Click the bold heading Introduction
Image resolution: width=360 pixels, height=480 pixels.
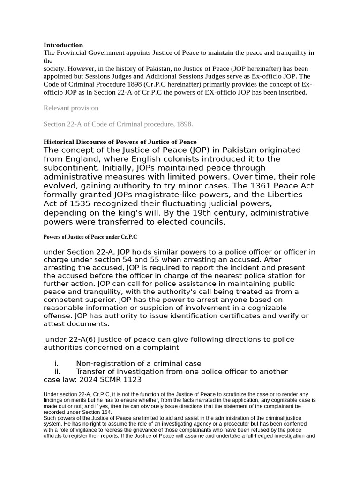[63, 45]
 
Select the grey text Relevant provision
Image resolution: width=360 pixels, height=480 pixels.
[71, 108]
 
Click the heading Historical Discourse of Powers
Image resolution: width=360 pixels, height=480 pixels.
[120, 142]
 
